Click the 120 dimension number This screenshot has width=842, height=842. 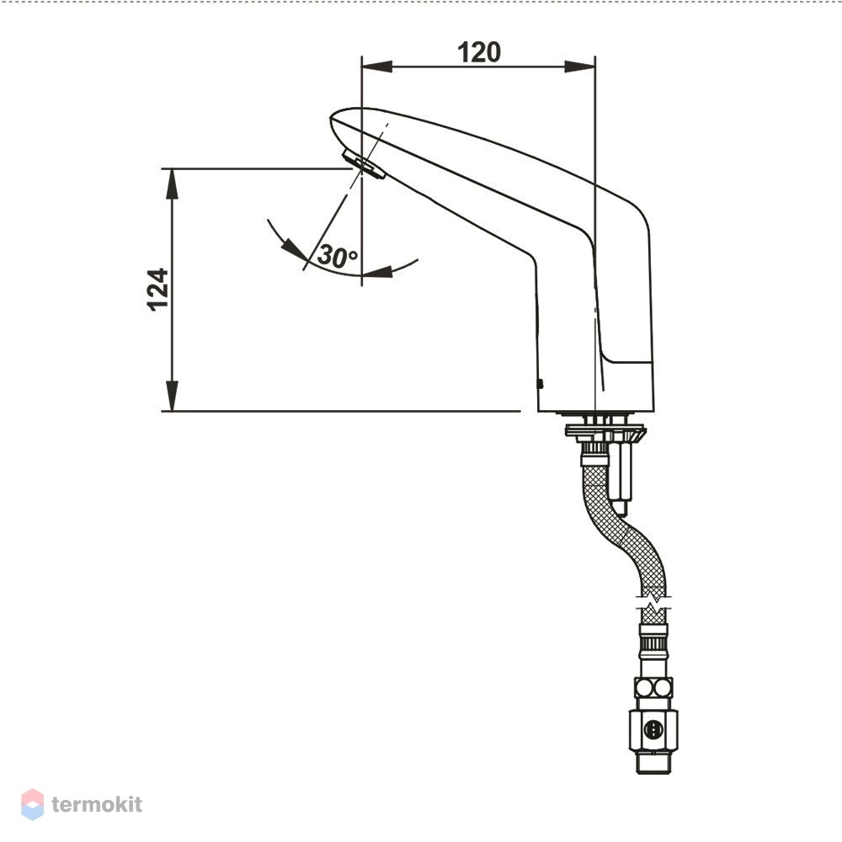(x=479, y=52)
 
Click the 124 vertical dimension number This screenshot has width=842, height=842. (x=158, y=290)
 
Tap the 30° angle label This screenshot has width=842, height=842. (x=338, y=256)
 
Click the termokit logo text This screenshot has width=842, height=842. (x=97, y=804)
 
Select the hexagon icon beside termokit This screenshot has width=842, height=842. (x=32, y=804)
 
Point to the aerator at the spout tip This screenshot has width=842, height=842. (x=364, y=164)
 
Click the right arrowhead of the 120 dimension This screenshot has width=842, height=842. (x=580, y=67)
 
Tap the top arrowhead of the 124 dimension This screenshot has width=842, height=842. (x=172, y=184)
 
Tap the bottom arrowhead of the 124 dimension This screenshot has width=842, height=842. (x=172, y=396)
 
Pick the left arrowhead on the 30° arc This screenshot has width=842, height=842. (x=294, y=248)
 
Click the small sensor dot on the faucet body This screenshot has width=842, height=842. (x=541, y=384)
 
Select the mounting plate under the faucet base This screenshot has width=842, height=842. (x=605, y=430)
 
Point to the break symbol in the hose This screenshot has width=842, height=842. (x=653, y=603)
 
